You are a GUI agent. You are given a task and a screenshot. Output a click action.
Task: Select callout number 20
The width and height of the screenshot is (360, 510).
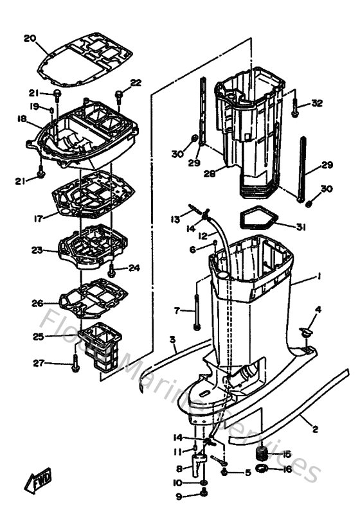coord(28,38)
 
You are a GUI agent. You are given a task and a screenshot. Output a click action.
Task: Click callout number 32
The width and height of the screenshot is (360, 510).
coord(317,103)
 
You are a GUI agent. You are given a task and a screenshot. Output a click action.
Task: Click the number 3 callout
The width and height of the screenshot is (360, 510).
coord(172,339)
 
